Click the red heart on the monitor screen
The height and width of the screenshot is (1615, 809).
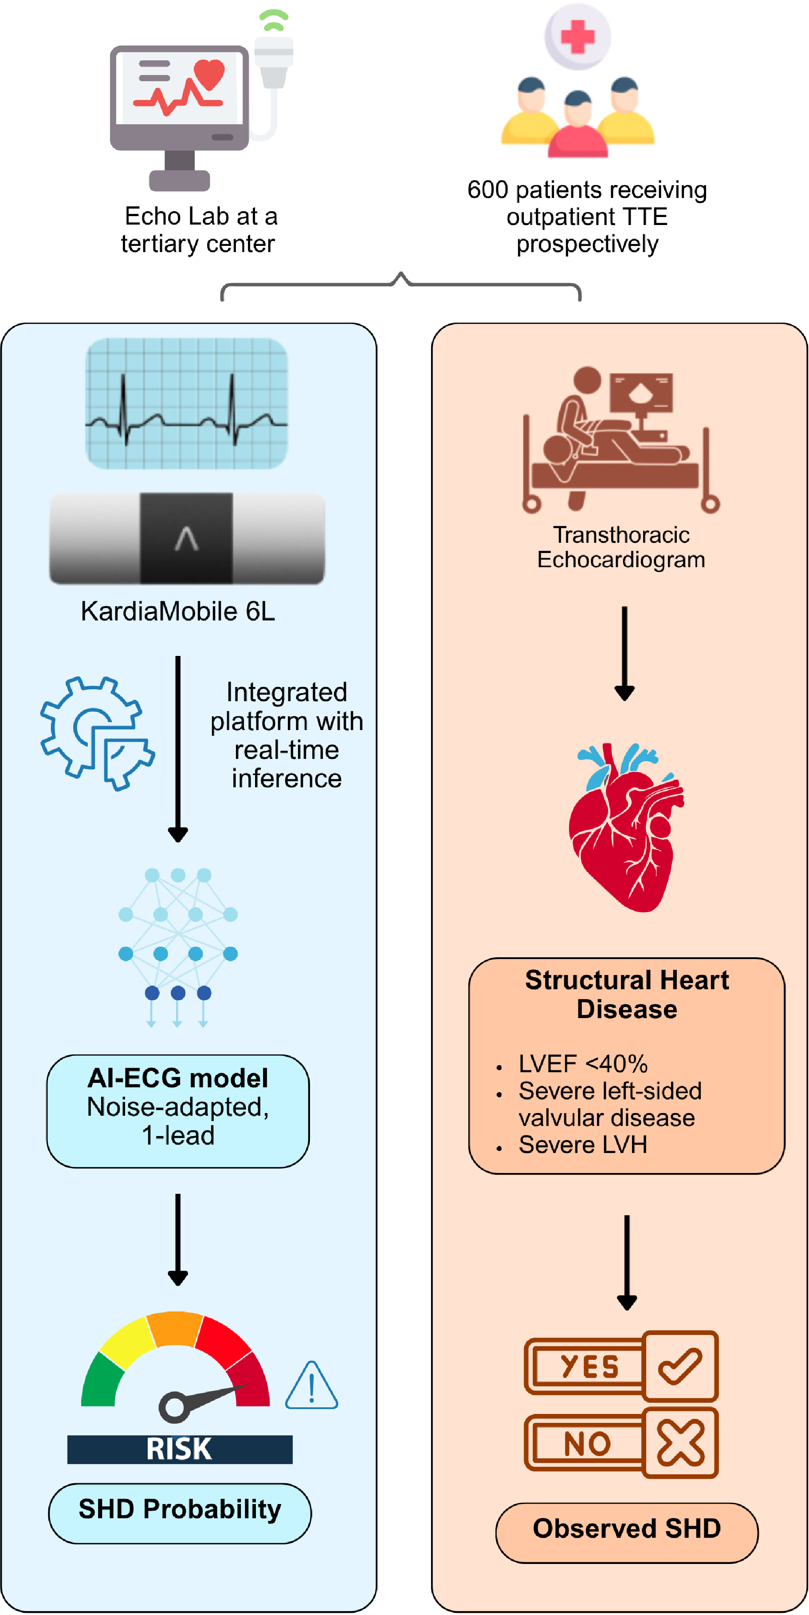(x=209, y=75)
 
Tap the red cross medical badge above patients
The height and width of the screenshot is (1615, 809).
(x=577, y=36)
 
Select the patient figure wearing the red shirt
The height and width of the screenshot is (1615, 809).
(x=577, y=126)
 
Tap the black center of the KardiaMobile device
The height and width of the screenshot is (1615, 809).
(x=186, y=538)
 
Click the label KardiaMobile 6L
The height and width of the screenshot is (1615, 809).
(x=178, y=611)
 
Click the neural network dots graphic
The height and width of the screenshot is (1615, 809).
(x=178, y=940)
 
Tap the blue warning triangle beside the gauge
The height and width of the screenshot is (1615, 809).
(x=311, y=1387)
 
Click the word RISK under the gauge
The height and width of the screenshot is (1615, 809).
(x=179, y=1449)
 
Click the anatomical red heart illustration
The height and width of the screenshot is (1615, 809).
(x=624, y=828)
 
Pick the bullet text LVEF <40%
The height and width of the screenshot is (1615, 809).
(x=583, y=1064)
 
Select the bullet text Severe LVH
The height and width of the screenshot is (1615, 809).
(x=583, y=1145)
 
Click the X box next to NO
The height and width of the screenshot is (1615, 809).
(x=680, y=1443)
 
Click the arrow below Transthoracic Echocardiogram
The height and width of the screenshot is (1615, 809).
(x=624, y=652)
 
